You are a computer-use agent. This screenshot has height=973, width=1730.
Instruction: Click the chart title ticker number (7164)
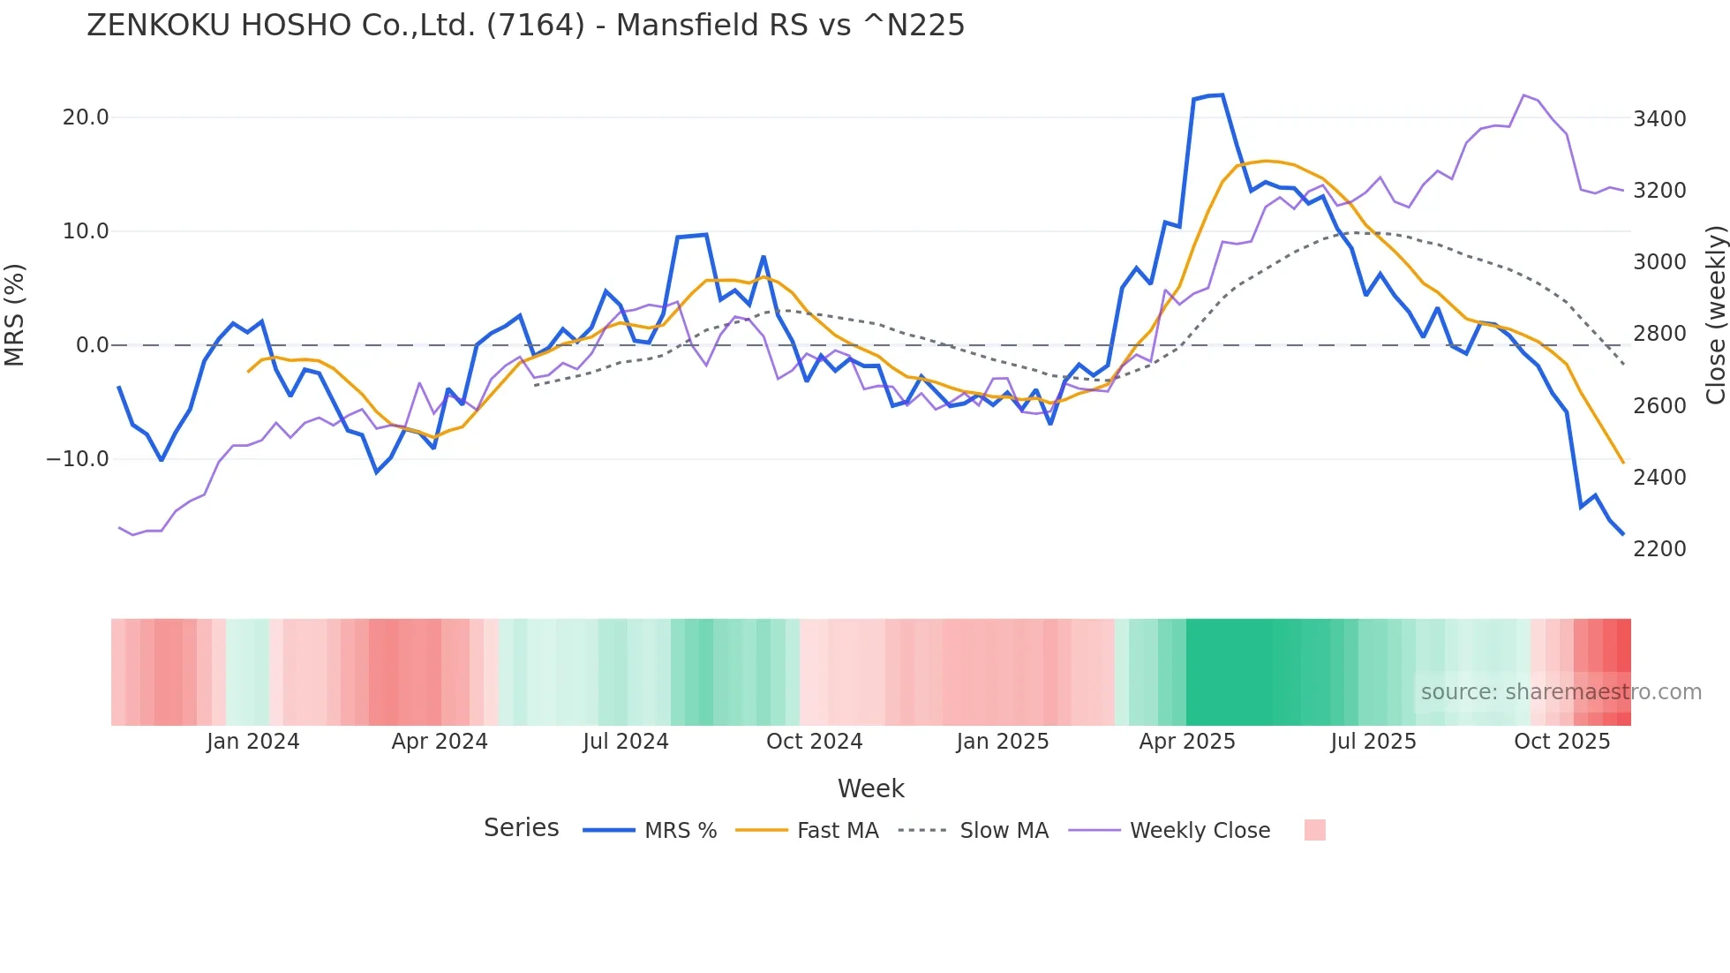pyautogui.click(x=535, y=26)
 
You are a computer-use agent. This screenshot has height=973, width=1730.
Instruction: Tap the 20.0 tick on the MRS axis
pyautogui.click(x=86, y=117)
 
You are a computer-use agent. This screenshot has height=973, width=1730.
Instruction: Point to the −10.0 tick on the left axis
pyautogui.click(x=78, y=459)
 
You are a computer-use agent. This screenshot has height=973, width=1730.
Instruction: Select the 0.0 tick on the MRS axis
pyautogui.click(x=92, y=345)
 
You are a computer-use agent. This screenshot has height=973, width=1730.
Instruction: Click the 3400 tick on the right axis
pyautogui.click(x=1659, y=118)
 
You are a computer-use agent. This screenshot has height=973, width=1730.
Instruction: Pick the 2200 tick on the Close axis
pyautogui.click(x=1659, y=548)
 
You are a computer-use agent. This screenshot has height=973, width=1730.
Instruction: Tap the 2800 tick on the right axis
pyautogui.click(x=1659, y=334)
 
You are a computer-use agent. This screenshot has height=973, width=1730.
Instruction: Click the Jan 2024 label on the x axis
pyautogui.click(x=253, y=742)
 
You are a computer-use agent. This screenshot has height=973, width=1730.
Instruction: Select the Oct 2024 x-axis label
pyautogui.click(x=814, y=742)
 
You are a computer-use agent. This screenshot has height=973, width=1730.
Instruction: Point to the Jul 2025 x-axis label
pyautogui.click(x=1373, y=742)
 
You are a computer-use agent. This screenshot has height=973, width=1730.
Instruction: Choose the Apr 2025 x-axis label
pyautogui.click(x=1187, y=742)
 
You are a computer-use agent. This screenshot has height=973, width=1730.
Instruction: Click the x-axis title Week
pyautogui.click(x=870, y=788)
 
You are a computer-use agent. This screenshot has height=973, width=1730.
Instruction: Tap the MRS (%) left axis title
pyautogui.click(x=15, y=314)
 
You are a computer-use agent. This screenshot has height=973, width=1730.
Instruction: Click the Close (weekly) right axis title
pyautogui.click(x=1715, y=315)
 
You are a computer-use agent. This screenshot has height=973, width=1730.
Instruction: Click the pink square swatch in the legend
pyautogui.click(x=1315, y=830)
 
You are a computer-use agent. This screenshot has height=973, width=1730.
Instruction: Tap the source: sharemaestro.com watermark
pyautogui.click(x=1561, y=692)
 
